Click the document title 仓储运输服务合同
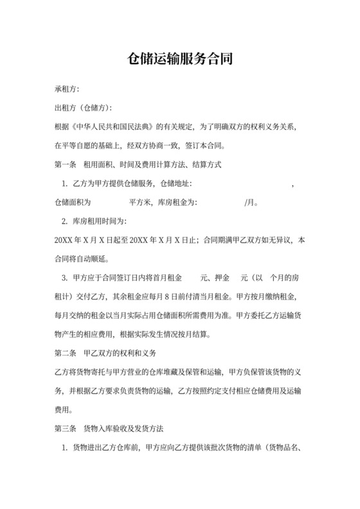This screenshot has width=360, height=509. coord(179,60)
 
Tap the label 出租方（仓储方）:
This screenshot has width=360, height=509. coord(84,107)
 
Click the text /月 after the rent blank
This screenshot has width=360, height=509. coord(251,202)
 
